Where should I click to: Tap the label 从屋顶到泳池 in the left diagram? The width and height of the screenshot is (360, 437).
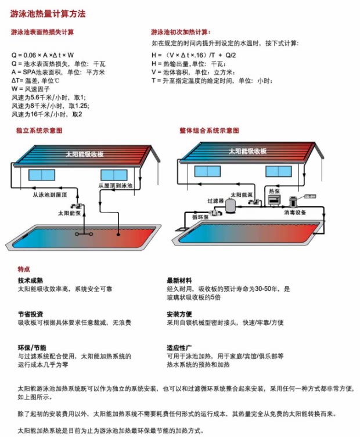click(x=116, y=186)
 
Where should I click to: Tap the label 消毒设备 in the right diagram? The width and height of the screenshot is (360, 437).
click(x=297, y=212)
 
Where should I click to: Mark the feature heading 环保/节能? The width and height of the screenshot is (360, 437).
click(x=30, y=347)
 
